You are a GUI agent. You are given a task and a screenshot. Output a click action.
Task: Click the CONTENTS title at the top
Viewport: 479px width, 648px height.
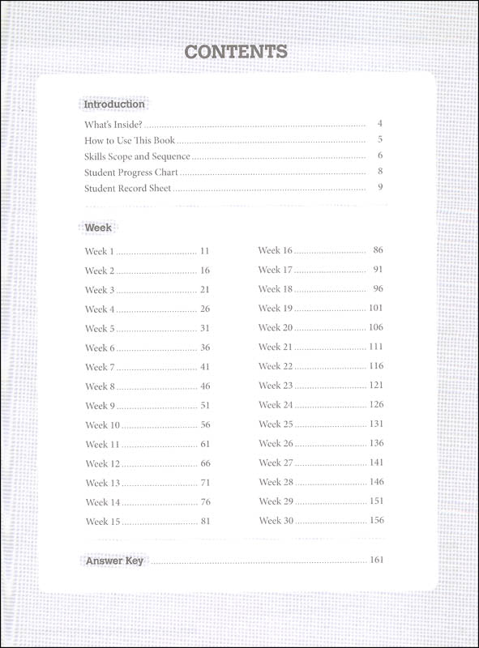tap(236, 52)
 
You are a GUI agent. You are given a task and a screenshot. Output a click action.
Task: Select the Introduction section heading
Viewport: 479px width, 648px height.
tap(114, 104)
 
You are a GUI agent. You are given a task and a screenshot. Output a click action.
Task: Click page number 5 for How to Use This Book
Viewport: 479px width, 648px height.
tap(379, 139)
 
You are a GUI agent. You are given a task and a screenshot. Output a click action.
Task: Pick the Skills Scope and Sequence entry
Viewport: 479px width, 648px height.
tap(137, 156)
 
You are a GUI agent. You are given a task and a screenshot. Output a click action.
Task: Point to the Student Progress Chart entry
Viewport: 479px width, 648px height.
tap(131, 172)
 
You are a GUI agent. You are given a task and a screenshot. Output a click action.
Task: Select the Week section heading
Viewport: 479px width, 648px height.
tap(98, 228)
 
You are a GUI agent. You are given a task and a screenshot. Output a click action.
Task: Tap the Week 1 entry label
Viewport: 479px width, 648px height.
tap(101, 251)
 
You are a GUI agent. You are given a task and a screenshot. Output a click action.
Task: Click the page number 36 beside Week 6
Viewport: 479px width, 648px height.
tap(205, 347)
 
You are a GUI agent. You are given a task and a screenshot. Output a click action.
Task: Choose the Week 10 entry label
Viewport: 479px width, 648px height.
tap(103, 424)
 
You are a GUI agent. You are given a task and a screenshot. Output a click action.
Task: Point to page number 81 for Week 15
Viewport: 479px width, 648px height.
tap(205, 521)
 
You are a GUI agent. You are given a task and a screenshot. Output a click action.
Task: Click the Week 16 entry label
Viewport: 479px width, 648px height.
tap(276, 250)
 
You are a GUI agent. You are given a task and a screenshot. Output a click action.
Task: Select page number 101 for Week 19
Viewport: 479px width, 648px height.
tap(375, 308)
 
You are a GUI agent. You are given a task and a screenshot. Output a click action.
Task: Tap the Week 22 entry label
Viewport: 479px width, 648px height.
tap(276, 366)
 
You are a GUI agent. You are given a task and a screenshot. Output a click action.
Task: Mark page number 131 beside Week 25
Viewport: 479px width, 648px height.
tap(375, 424)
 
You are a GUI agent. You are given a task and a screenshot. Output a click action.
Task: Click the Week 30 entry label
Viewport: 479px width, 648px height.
tap(276, 520)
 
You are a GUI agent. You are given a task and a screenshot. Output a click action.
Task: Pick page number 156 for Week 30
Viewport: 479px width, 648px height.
tap(376, 520)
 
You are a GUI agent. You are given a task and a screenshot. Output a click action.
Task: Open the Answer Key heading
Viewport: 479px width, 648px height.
tap(115, 561)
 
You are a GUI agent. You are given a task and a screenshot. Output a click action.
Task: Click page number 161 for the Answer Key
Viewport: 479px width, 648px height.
tap(375, 560)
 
